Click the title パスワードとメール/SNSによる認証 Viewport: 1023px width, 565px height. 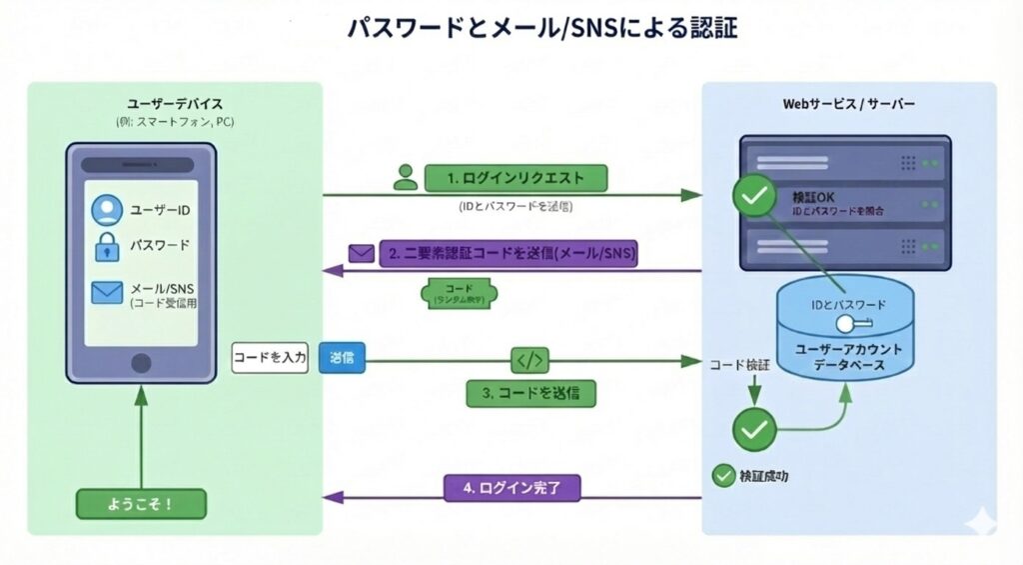point(541,28)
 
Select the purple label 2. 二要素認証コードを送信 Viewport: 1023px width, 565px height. point(511,254)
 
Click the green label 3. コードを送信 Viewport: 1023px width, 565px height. point(530,393)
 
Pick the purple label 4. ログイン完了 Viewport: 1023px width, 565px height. point(511,488)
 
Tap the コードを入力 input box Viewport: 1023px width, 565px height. point(269,358)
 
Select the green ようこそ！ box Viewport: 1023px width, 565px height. point(141,504)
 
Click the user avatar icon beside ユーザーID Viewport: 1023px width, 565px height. point(106,211)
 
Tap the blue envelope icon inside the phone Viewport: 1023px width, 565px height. point(106,292)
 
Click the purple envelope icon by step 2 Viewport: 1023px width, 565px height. point(360,253)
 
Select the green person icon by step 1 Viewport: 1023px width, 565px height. point(405,178)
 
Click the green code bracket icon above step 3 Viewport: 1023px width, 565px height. point(529,360)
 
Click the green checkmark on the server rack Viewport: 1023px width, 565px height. point(754,196)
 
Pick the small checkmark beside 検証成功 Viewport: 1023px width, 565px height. point(722,476)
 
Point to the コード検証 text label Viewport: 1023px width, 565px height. point(740,366)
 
